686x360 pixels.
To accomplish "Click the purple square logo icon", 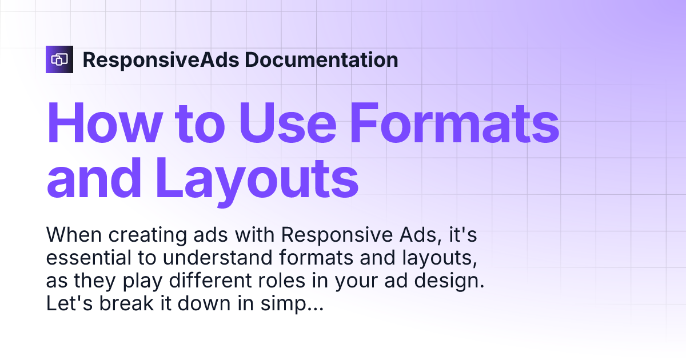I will pos(59,59).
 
